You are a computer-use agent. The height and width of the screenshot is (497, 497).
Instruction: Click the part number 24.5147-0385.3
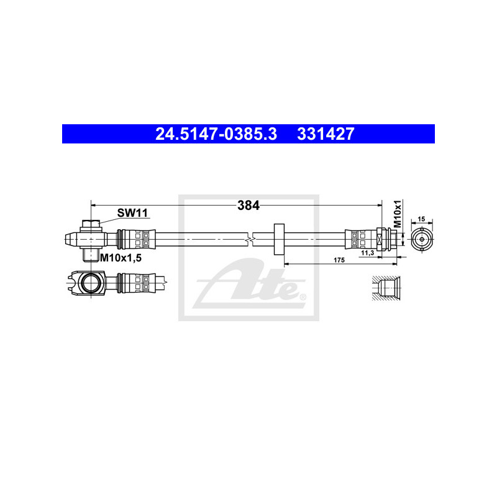pos(216,134)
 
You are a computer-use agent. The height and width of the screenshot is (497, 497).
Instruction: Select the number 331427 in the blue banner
pos(326,134)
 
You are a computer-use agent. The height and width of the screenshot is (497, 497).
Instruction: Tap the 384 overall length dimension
pos(248,206)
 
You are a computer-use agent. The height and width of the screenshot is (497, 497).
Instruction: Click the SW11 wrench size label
pos(132,212)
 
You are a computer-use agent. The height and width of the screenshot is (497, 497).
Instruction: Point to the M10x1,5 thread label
pos(121,258)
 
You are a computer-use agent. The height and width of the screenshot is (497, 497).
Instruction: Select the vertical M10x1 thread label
pos(398,214)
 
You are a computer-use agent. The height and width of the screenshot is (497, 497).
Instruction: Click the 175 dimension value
pos(339,260)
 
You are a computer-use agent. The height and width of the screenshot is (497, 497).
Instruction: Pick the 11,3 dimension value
pos(368,253)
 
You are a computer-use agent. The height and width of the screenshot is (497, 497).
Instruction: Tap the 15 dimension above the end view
pos(421,219)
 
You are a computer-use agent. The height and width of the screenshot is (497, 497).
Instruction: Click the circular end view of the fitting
pos(422,239)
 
